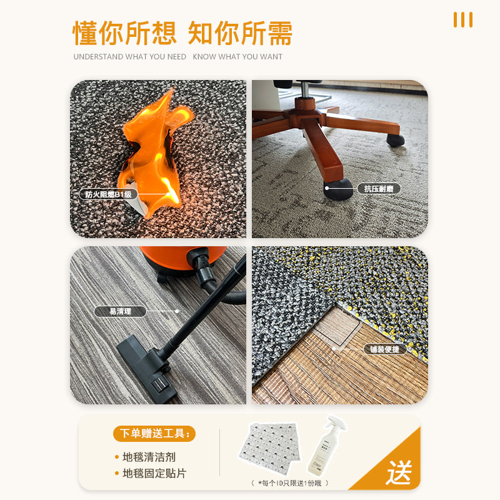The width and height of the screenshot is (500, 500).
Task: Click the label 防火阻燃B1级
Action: point(108,194)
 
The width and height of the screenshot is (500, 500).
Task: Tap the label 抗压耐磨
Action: point(379,189)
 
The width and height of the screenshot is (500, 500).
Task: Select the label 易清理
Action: point(120,311)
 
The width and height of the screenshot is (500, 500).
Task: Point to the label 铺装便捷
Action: point(385,349)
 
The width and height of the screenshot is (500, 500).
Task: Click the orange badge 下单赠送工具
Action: point(154,433)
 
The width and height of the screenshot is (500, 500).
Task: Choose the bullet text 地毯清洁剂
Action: point(149,457)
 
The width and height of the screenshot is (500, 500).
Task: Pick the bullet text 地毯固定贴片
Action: point(154,473)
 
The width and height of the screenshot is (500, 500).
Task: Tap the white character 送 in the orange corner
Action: point(399,472)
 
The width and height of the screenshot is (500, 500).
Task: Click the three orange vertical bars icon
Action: point(463,20)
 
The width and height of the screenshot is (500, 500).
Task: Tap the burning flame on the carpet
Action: point(153,153)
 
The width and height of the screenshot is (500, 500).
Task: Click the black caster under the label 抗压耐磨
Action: point(338,189)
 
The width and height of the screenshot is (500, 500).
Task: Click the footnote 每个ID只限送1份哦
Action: point(289,483)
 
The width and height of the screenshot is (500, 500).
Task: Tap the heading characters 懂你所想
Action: point(124,33)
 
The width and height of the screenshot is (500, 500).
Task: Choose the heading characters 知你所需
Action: point(240,33)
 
